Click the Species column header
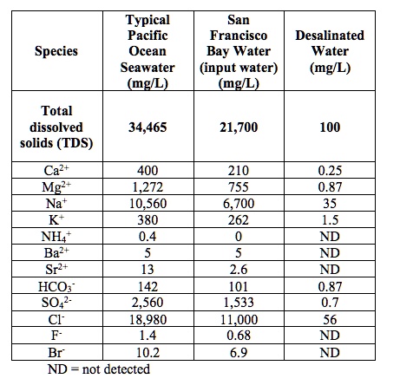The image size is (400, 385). (x=56, y=51)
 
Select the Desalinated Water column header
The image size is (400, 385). (x=330, y=51)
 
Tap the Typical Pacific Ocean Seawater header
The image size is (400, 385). (x=148, y=51)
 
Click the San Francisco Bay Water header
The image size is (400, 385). (x=239, y=51)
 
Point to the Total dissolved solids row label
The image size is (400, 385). (x=56, y=127)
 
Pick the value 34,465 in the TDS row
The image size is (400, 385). (x=148, y=127)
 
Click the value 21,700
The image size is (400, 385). (x=239, y=127)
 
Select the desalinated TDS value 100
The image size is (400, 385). (x=330, y=127)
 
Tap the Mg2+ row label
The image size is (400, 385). (x=56, y=186)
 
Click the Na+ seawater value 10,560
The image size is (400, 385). (x=148, y=204)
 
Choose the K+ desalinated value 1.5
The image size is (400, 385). (x=330, y=220)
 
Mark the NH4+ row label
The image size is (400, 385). (x=56, y=237)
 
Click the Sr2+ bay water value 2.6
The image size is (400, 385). (x=239, y=270)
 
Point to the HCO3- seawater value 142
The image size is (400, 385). (x=148, y=286)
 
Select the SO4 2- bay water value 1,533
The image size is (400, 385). (x=239, y=303)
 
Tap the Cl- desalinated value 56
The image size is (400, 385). (x=330, y=319)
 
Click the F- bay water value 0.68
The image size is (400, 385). (x=239, y=336)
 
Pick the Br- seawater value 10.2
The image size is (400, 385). (x=148, y=353)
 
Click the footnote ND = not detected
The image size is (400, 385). (x=99, y=369)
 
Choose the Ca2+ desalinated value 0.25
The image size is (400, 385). (x=330, y=170)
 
